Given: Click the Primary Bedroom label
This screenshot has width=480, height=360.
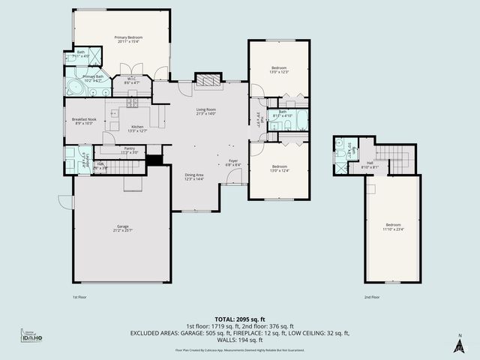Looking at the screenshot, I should [x=128, y=37].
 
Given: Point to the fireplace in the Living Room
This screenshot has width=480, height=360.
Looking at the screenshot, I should [x=208, y=80].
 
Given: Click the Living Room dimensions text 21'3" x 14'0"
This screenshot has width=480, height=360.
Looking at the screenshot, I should [x=205, y=113].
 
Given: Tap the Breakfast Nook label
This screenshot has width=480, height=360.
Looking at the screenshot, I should [x=83, y=119].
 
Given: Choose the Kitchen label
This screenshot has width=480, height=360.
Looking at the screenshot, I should [x=137, y=126].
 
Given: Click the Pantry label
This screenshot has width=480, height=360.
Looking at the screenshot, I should [x=129, y=148].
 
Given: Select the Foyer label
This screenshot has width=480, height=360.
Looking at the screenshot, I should [x=233, y=160].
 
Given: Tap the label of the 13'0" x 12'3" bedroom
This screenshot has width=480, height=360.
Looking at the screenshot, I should [x=279, y=67].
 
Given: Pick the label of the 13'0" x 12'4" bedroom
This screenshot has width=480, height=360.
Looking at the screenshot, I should [x=279, y=166].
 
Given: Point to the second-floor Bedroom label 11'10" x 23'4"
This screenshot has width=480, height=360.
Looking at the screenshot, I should [x=393, y=225].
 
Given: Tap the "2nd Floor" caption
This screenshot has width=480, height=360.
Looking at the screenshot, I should [x=372, y=297].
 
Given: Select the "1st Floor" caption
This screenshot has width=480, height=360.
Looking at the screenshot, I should [x=80, y=297].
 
